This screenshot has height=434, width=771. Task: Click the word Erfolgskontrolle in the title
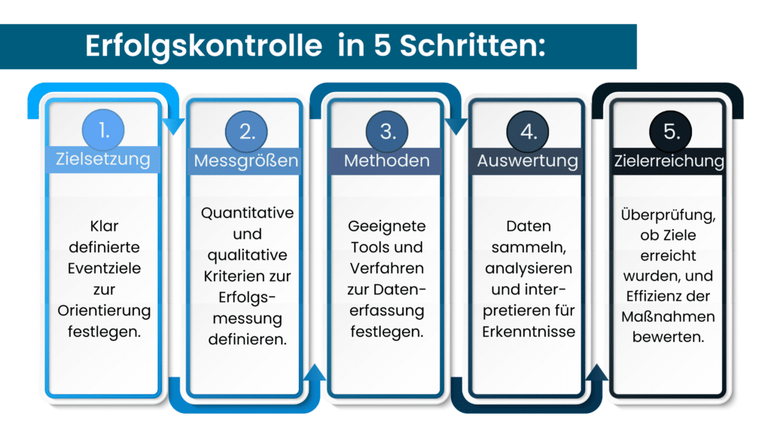click(203, 46)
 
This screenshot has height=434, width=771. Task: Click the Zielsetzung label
click(103, 160)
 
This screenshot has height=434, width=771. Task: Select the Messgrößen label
click(245, 160)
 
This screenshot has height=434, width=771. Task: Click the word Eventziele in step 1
click(103, 267)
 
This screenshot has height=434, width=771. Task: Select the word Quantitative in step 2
click(247, 212)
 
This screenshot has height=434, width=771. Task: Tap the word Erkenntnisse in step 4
click(529, 332)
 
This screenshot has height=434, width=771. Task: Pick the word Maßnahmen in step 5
click(669, 315)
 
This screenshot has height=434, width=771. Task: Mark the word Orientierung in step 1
click(104, 310)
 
